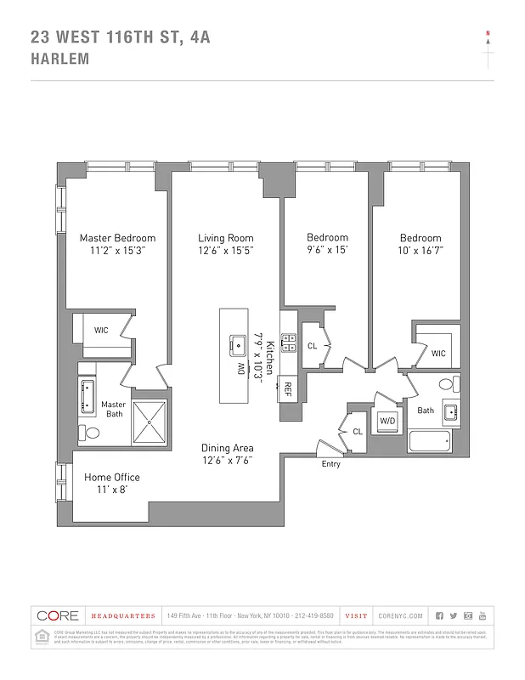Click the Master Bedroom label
(x=118, y=238)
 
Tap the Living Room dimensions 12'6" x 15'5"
(x=226, y=251)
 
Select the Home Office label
(x=112, y=478)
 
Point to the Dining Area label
(x=227, y=448)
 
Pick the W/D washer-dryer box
(x=387, y=421)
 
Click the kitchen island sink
(x=235, y=346)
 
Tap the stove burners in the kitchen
(x=288, y=342)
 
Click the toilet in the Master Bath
(x=91, y=433)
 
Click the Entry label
(x=330, y=464)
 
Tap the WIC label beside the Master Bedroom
(x=101, y=330)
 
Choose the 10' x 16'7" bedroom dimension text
(x=421, y=251)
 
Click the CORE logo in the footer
(x=58, y=615)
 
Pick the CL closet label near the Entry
(x=358, y=433)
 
